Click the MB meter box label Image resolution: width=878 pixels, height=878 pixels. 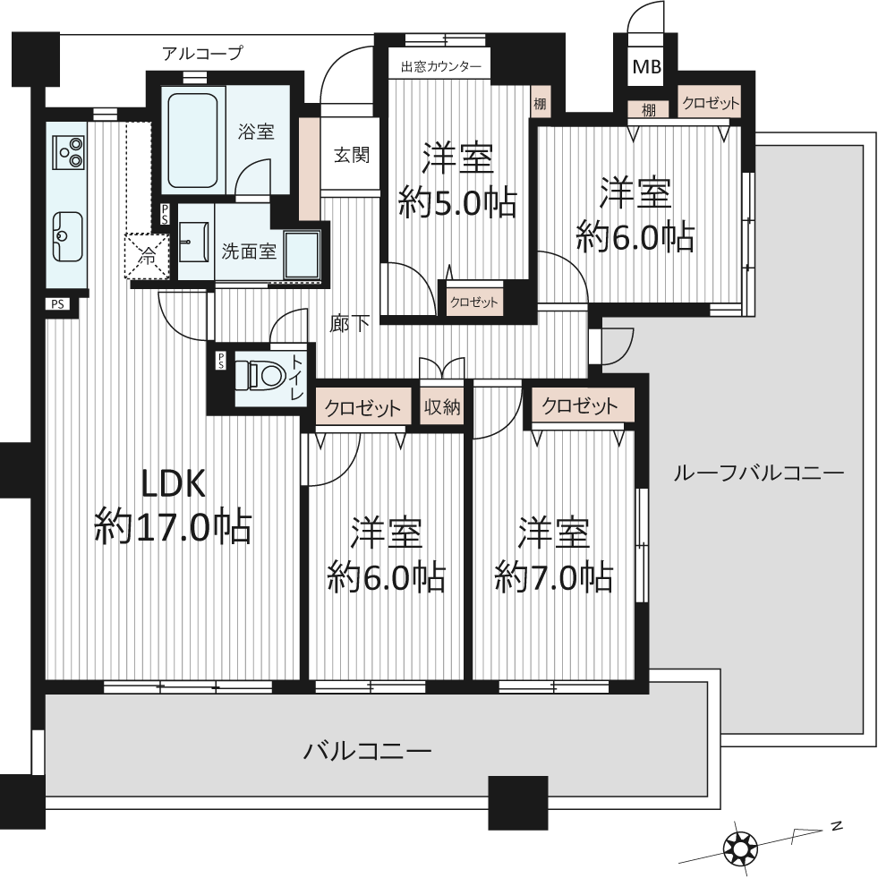[x=647, y=66]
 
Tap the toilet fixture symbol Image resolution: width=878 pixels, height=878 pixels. [x=257, y=375]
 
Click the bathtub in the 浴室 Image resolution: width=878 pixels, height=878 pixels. [x=192, y=141]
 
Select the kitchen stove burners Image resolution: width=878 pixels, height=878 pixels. [x=70, y=152]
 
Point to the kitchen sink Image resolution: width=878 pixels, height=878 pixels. [x=67, y=236]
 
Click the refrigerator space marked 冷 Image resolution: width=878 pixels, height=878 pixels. [x=147, y=256]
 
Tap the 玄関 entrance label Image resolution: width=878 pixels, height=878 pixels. [x=352, y=155]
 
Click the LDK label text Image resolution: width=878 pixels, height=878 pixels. [x=173, y=485]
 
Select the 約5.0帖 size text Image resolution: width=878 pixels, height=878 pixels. [x=457, y=202]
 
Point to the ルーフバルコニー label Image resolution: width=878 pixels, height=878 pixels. [x=758, y=473]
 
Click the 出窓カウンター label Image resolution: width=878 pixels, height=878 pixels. [x=441, y=67]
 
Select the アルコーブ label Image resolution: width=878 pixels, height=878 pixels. [x=202, y=53]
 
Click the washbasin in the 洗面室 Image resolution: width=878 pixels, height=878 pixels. [x=194, y=242]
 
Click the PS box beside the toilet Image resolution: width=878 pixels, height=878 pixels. [x=221, y=361]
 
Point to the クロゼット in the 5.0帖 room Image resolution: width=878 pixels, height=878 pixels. [x=473, y=303]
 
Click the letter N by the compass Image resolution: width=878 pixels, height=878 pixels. [x=837, y=825]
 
